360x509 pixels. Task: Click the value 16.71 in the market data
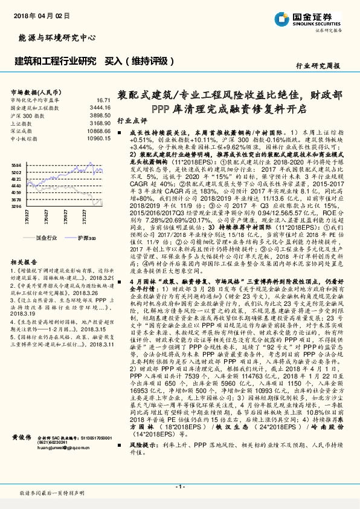[x=103, y=100]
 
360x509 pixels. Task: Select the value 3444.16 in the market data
[x=100, y=108]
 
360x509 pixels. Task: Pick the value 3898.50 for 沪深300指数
[x=100, y=115]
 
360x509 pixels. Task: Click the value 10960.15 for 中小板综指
[x=98, y=138]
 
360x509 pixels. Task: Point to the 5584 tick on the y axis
[x=16, y=165]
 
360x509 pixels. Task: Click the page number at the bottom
[x=179, y=486]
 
